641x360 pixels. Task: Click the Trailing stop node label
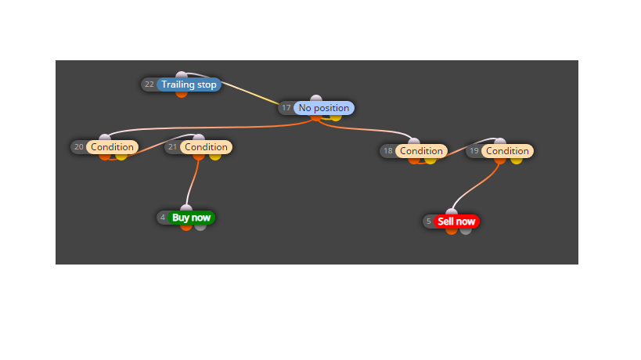point(189,85)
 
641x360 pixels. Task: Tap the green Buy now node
point(191,218)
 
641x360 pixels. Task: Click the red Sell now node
point(456,221)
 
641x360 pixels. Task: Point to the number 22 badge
point(149,85)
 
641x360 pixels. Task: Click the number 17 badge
point(286,108)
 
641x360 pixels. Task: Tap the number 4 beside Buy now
point(163,218)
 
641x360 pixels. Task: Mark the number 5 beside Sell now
point(428,221)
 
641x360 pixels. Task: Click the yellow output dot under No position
point(336,117)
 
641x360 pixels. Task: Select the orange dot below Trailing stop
point(182,94)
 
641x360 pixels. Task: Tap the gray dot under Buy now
point(200,227)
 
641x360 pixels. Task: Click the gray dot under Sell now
point(466,231)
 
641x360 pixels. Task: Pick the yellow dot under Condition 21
point(215,157)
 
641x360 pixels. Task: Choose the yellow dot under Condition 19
point(517,160)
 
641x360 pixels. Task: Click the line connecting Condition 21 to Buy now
point(191,182)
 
